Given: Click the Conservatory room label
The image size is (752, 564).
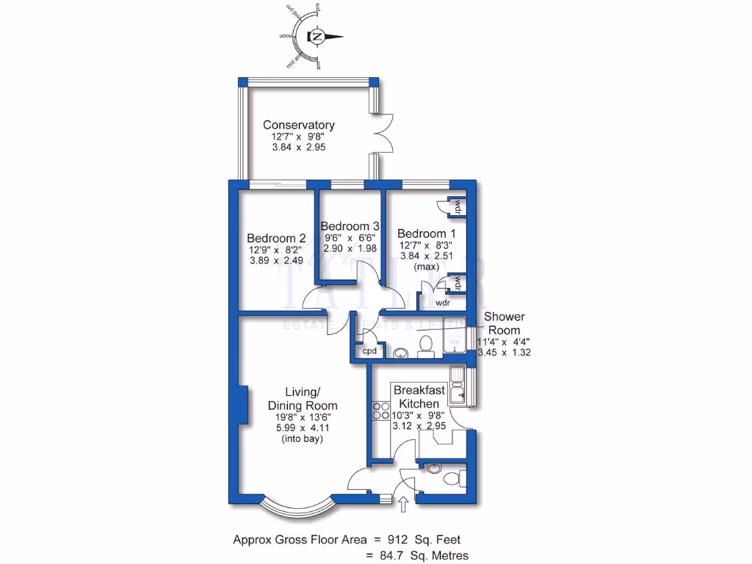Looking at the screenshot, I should tap(299, 125).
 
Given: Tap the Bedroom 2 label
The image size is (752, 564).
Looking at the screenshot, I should tap(276, 238).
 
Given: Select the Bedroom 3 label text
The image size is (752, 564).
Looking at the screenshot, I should tap(350, 225).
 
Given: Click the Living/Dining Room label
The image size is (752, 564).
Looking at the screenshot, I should tap(303, 398).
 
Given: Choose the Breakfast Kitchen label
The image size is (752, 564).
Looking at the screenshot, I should tap(419, 397).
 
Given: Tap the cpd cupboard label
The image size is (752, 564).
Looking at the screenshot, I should tap(369, 352).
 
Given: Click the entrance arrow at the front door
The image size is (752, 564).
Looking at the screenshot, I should tap(403, 504).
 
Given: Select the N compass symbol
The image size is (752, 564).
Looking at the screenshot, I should tap(317, 36).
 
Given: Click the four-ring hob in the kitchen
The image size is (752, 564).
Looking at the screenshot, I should tap(381, 410).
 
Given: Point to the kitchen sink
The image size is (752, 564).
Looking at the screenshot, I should tap(459, 386).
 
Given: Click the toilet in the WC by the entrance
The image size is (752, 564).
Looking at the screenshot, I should tap(453, 478).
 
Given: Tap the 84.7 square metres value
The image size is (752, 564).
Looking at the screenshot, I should tap(401, 555).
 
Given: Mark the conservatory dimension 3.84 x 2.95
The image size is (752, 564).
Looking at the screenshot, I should tap(298, 147).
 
